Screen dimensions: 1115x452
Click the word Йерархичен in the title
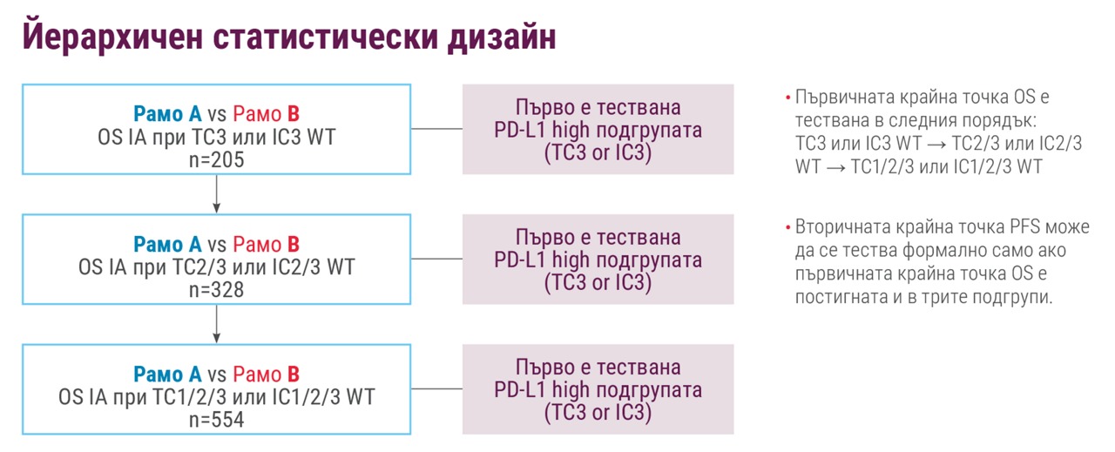(112, 36)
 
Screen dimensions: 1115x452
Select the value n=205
(217, 159)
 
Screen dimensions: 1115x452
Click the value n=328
(217, 290)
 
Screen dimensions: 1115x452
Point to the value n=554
(217, 420)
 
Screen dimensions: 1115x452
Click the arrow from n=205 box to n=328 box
(217, 194)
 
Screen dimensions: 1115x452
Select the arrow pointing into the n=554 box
(217, 324)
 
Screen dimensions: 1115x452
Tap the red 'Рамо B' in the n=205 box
(267, 114)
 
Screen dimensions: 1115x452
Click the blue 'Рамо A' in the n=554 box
(167, 374)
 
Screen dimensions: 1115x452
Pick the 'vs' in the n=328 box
(217, 245)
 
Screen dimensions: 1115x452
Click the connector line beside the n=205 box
(436, 129)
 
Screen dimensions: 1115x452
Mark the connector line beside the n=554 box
(436, 388)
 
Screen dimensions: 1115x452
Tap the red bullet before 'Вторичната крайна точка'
(788, 227)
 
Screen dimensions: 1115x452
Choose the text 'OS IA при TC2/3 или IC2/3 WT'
(217, 267)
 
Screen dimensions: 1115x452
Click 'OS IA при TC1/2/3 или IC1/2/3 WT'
(217, 397)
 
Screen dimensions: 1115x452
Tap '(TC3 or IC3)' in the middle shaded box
(598, 282)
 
